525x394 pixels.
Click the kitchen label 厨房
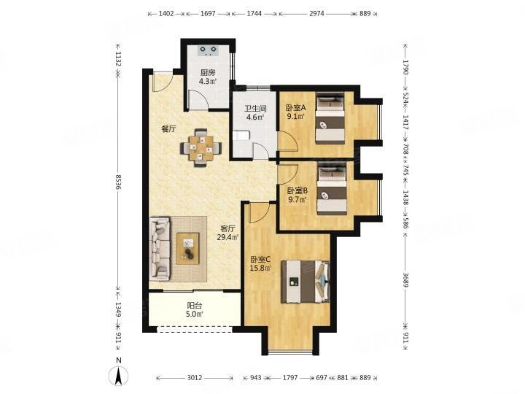(208, 72)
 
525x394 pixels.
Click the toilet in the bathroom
(241, 136)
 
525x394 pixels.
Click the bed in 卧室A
(329, 119)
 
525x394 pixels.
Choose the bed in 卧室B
(332, 190)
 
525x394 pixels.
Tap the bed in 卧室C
(307, 281)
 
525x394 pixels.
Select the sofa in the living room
(160, 248)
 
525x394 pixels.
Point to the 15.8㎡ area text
(260, 268)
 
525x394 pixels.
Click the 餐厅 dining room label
(168, 129)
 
